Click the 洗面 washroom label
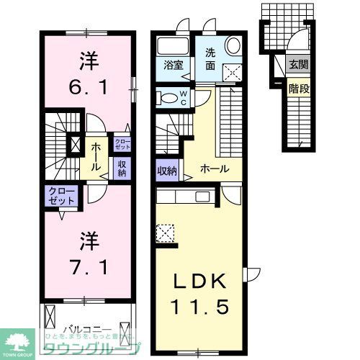click(210, 58)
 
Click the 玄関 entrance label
click(297, 64)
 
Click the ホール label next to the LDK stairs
click(215, 169)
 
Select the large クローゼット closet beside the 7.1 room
click(62, 197)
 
